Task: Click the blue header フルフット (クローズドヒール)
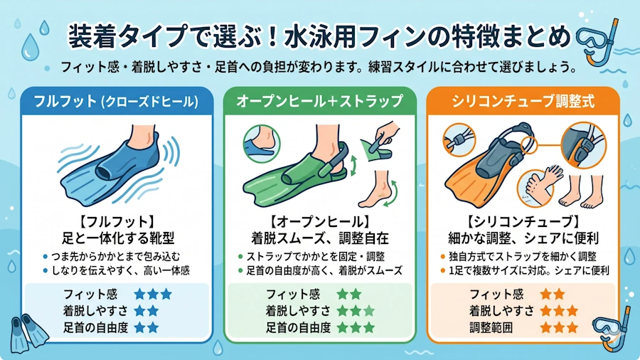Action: pyautogui.click(x=116, y=101)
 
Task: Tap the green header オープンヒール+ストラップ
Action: pyautogui.click(x=319, y=101)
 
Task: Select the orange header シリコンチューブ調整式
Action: pyautogui.click(x=523, y=101)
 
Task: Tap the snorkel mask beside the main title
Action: pyautogui.click(x=598, y=41)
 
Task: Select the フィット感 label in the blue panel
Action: pyautogui.click(x=90, y=295)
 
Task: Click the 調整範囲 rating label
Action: pyautogui.click(x=491, y=327)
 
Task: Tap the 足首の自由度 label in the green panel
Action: pyautogui.click(x=299, y=327)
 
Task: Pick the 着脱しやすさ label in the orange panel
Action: pyautogui.click(x=501, y=311)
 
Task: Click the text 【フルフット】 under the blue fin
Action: pyautogui.click(x=117, y=222)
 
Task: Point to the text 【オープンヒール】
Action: pyautogui.click(x=320, y=222)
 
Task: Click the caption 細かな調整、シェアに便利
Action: pyautogui.click(x=523, y=238)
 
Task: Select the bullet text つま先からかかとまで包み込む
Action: pyautogui.click(x=115, y=257)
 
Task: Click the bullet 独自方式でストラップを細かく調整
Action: pyautogui.click(x=523, y=257)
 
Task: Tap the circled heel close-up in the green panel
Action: pyautogui.click(x=262, y=144)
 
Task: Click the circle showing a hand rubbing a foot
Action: pyautogui.click(x=536, y=188)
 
